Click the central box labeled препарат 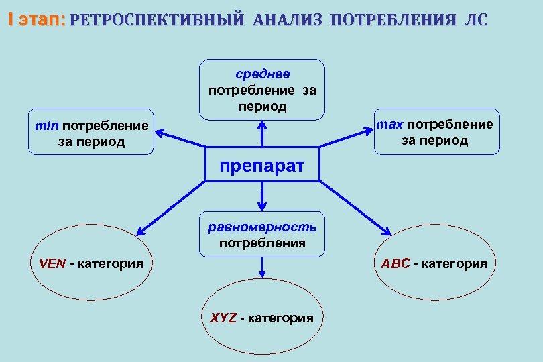click(262, 164)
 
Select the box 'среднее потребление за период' click(262, 89)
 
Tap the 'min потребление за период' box click(91, 133)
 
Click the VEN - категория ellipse click(91, 263)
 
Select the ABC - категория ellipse click(434, 263)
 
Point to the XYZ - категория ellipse click(261, 317)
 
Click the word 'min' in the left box click(48, 125)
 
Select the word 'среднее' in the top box click(262, 74)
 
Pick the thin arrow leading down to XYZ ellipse click(262, 267)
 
